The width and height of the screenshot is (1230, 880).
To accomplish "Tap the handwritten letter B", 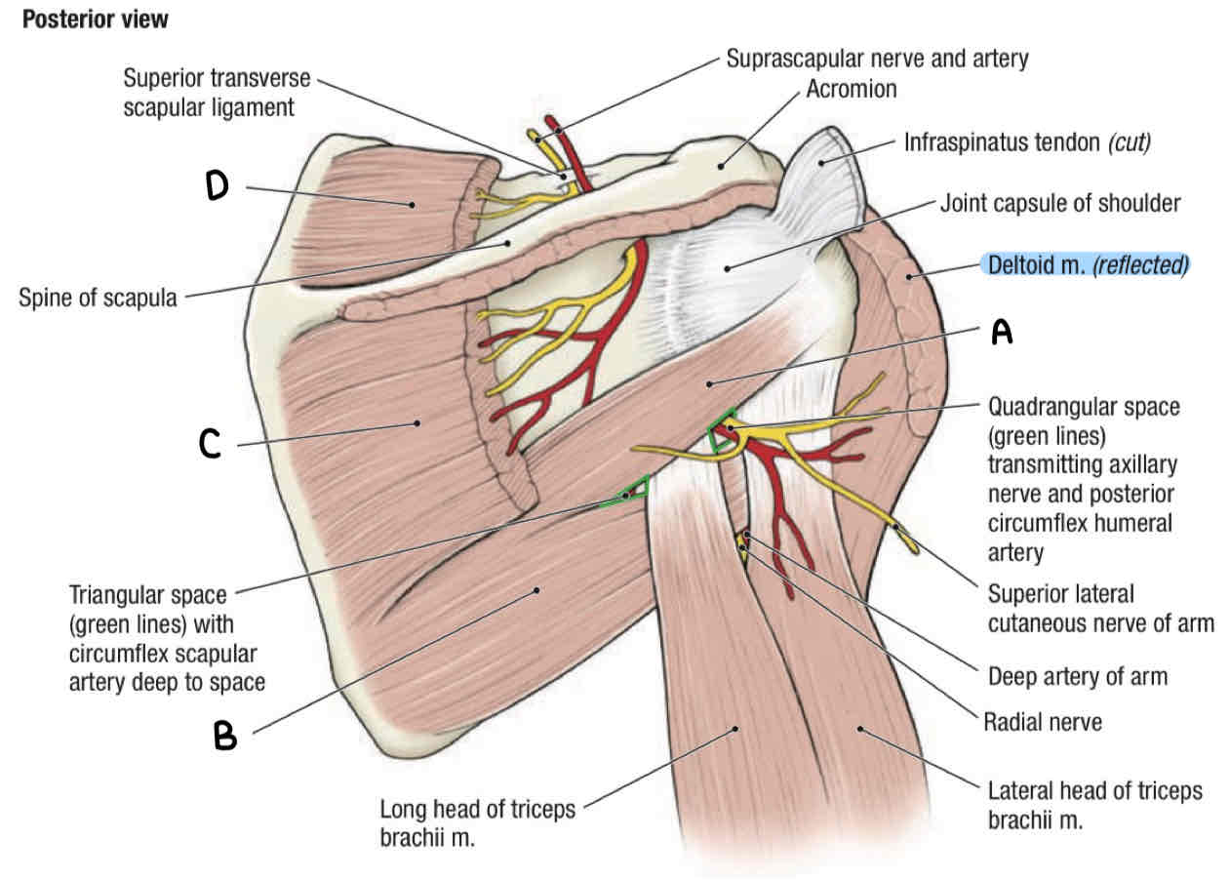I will coord(226,735).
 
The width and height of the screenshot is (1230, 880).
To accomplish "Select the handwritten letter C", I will coord(210,445).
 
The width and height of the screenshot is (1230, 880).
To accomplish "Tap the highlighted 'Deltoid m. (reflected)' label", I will coord(1084,264).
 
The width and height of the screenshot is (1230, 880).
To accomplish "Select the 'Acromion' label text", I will coord(851,90).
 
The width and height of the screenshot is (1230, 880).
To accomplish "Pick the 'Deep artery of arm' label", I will coord(1077,675).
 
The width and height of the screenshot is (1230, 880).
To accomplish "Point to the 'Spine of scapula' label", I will coord(98,298).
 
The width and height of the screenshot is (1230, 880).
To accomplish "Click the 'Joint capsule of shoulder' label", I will coord(1060,204).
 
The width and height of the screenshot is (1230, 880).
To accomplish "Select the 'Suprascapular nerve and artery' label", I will coord(877,59).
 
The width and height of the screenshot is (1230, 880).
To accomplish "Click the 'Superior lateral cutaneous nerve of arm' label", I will coord(1100,608).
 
